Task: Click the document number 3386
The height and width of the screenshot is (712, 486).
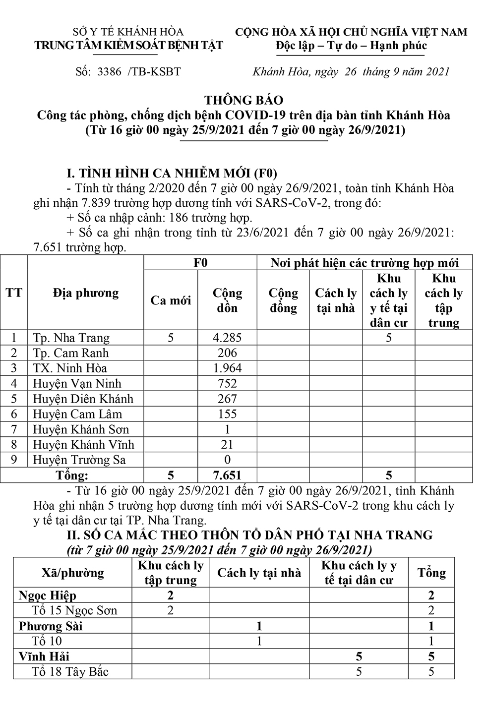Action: tap(110, 71)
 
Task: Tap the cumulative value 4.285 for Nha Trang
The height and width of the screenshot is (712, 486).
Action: tap(227, 338)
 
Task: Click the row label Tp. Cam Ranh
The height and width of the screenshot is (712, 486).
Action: tap(70, 354)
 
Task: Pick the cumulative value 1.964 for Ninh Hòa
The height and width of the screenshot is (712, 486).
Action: tap(227, 368)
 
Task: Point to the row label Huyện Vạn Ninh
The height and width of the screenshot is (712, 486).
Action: tap(77, 384)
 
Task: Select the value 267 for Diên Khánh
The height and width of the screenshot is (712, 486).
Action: tap(227, 399)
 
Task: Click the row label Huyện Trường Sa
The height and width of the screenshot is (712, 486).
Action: tap(79, 460)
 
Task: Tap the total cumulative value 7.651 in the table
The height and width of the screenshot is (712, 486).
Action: tap(227, 475)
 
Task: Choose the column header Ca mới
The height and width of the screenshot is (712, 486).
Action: tap(171, 300)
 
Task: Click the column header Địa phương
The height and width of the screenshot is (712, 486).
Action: tap(86, 293)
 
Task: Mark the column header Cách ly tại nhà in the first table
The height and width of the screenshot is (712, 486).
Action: tap(336, 300)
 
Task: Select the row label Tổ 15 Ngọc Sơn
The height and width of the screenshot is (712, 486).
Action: tap(74, 610)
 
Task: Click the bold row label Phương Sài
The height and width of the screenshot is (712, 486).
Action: tap(51, 626)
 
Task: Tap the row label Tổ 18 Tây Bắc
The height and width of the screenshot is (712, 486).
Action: tap(70, 672)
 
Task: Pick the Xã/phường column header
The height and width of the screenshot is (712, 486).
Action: tap(73, 573)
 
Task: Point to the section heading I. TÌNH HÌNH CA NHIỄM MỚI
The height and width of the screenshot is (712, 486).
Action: tap(172, 174)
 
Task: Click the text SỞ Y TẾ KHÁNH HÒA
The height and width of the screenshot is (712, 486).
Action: tap(128, 32)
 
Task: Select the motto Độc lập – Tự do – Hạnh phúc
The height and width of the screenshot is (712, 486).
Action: tap(352, 46)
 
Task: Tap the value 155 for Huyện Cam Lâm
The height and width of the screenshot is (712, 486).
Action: tap(227, 415)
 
